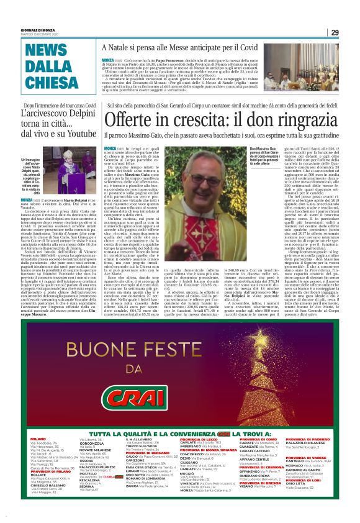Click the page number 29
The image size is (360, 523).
pyautogui.click(x=335, y=32)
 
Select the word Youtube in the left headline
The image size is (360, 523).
pyautogui.click(x=78, y=133)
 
